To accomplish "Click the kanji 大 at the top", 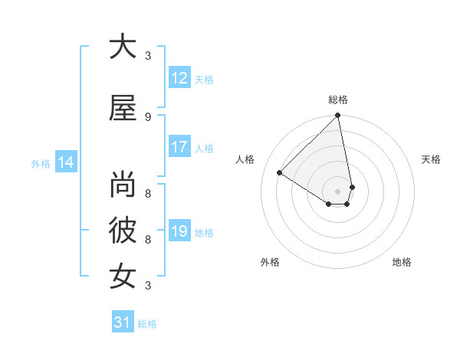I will (123, 47).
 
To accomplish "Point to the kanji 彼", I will (123, 231).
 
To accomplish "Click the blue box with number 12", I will (179, 78).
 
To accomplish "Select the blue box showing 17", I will (179, 147).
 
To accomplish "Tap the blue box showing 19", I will (179, 231).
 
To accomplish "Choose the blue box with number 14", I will (66, 162).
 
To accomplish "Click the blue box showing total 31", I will (123, 322).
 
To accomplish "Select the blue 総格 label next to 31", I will (147, 324).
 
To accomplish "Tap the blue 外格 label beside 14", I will (41, 163).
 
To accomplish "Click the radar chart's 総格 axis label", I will (338, 100).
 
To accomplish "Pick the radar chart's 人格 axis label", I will (245, 159).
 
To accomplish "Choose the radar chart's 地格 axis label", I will (402, 262).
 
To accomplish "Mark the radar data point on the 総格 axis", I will (338, 116).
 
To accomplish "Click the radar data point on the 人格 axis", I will (280, 173).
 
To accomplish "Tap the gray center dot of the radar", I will (338, 191).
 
